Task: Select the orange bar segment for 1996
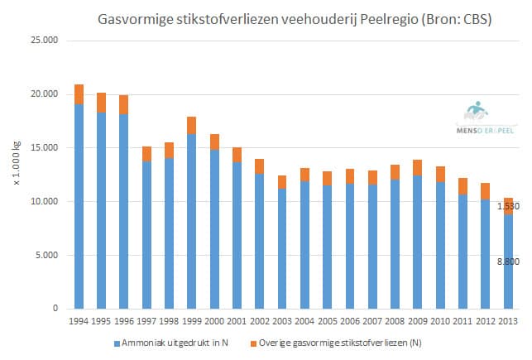(x=123, y=104)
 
